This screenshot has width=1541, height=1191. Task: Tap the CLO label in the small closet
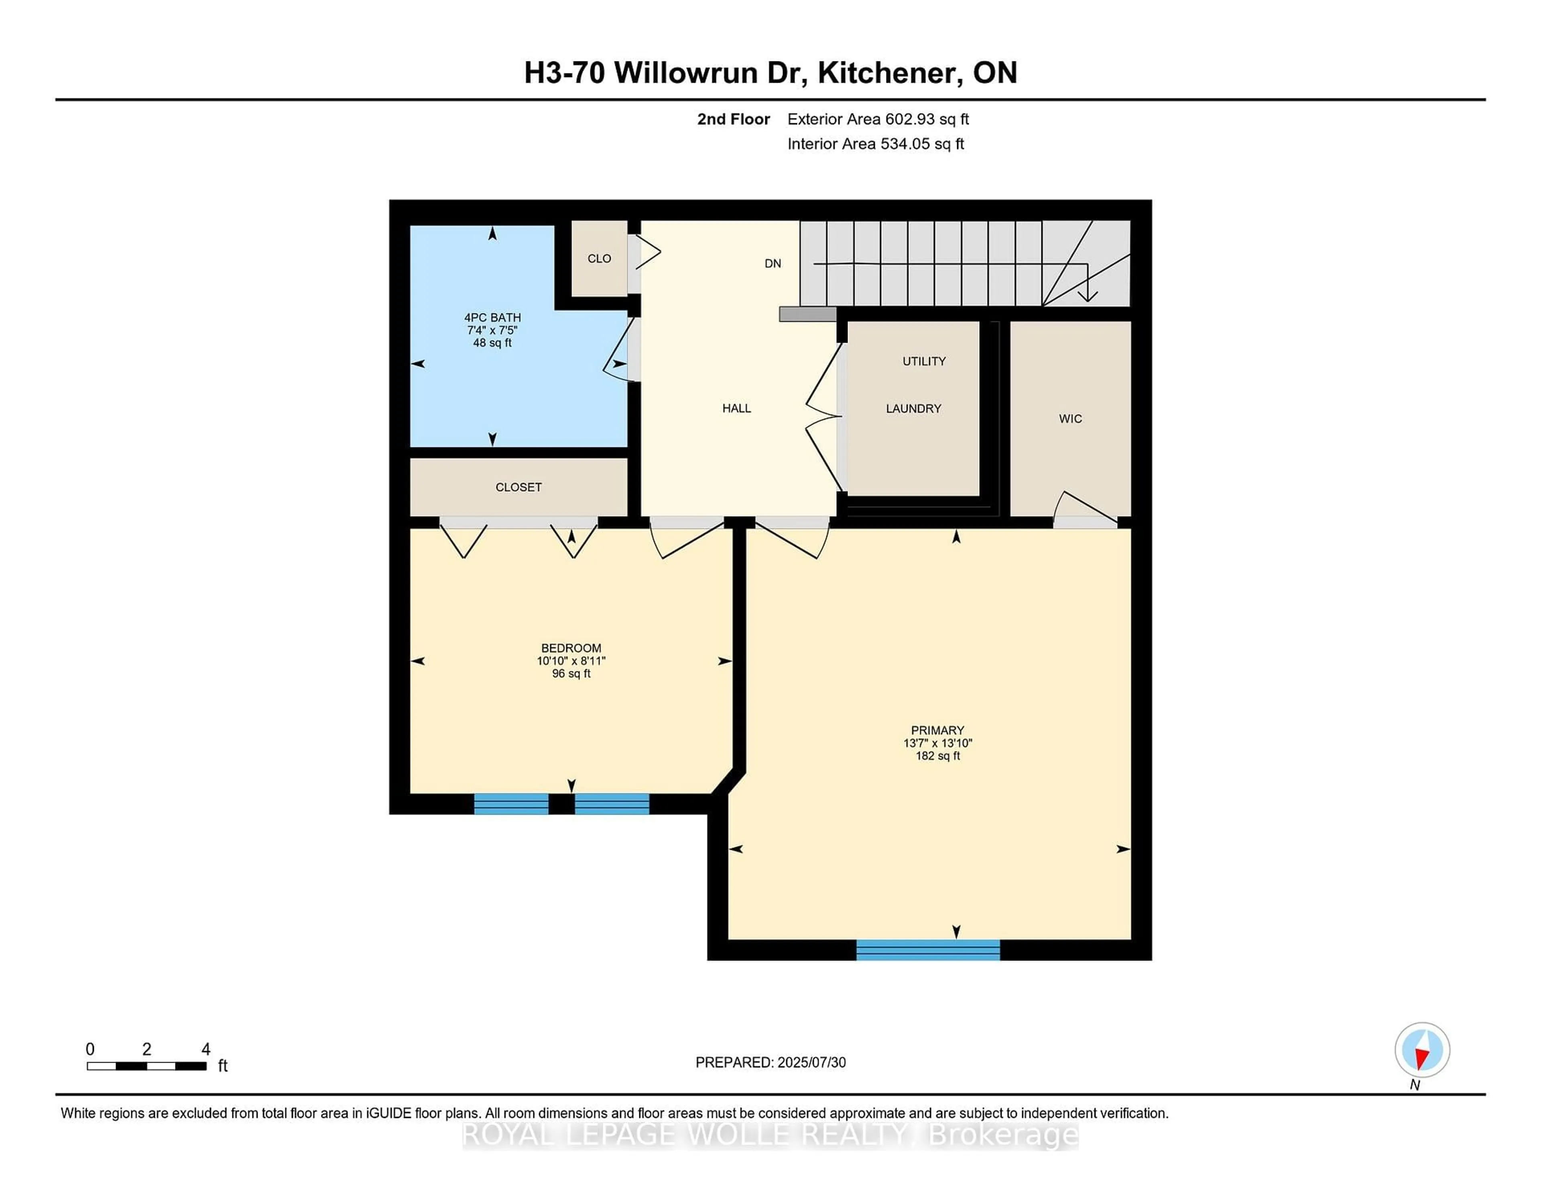point(599,259)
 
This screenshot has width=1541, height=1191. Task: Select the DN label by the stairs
point(773,263)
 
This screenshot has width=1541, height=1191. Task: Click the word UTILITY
point(924,361)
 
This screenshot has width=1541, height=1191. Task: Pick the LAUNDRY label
point(913,409)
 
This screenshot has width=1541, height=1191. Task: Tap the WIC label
point(1069,419)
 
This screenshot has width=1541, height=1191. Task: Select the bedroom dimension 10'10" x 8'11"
point(571,661)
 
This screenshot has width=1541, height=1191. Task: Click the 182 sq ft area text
point(937,756)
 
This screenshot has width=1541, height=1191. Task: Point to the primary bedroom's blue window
point(928,950)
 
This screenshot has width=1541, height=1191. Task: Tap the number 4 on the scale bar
point(206,1049)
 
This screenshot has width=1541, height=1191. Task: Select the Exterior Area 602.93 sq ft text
point(878,119)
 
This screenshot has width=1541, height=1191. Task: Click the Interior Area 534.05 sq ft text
point(876,144)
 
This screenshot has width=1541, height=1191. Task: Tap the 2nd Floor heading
point(733,119)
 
